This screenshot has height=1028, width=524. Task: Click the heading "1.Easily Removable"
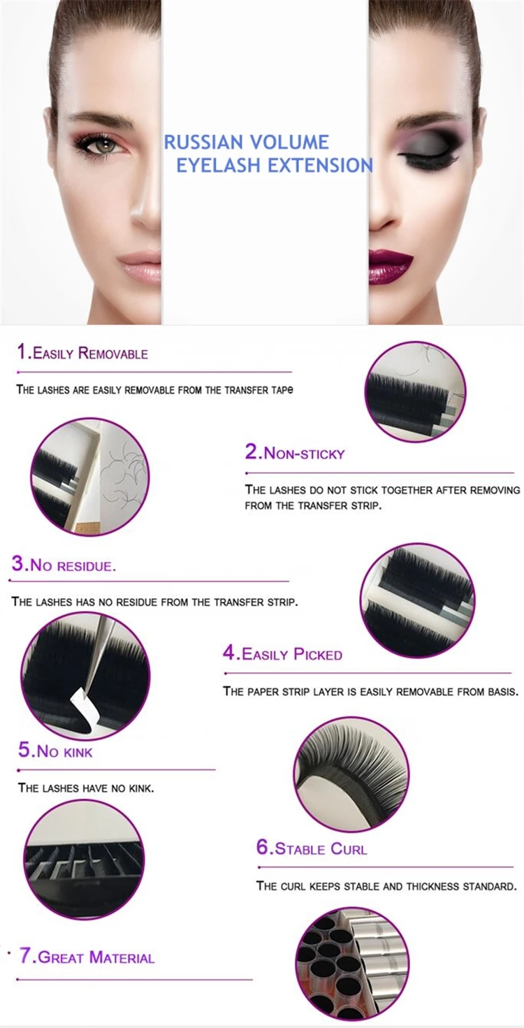(x=82, y=353)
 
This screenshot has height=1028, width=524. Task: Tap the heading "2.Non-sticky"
(x=295, y=453)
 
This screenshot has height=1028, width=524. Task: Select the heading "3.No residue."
(x=64, y=565)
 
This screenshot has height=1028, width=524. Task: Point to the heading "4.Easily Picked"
(x=282, y=654)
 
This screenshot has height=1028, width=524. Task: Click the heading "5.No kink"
(x=55, y=752)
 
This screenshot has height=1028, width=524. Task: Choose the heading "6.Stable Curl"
(x=311, y=849)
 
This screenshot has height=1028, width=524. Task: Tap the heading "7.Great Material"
(x=87, y=957)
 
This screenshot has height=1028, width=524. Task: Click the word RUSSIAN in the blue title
(x=205, y=143)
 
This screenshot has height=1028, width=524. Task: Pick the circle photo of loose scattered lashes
(x=89, y=477)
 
